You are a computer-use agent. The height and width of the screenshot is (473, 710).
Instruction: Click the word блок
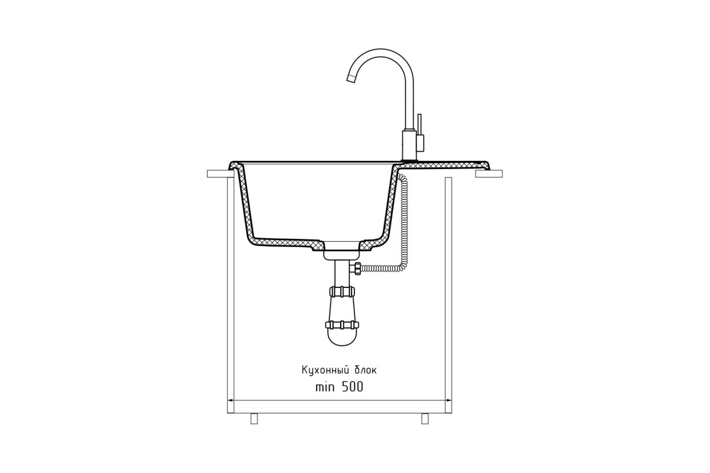point(366,370)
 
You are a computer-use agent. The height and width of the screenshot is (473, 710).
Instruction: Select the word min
point(325,387)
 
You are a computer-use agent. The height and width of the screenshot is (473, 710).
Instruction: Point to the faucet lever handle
point(420,132)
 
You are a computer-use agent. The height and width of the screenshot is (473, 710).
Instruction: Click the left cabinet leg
point(254,419)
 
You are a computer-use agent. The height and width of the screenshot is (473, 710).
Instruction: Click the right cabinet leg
point(425,419)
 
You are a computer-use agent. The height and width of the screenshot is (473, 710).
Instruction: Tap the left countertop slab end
point(220,174)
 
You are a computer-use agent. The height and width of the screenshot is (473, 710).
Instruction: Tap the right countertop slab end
point(489,174)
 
